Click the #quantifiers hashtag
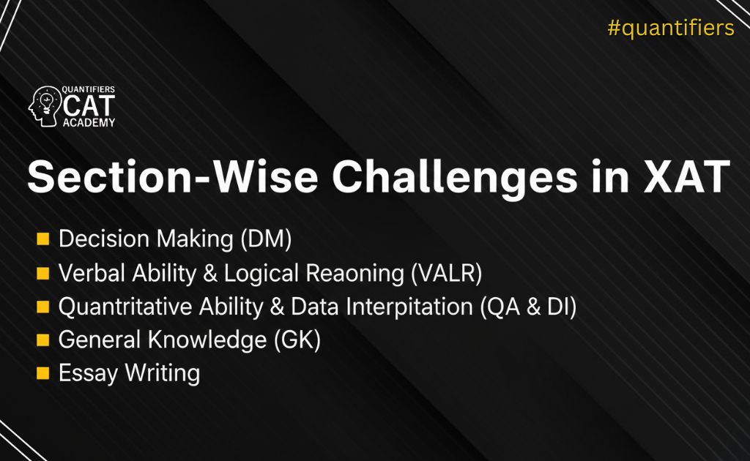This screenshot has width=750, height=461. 671,28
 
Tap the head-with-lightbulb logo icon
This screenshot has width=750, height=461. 45,107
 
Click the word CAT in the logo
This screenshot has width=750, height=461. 89,105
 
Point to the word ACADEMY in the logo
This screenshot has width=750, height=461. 89,123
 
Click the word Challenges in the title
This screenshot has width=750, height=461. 455,177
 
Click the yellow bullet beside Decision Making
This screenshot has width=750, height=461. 43,239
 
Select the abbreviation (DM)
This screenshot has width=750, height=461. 266,239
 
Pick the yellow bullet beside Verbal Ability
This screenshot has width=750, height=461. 43,273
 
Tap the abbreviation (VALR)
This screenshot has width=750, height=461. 447,273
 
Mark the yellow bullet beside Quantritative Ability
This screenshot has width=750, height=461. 43,307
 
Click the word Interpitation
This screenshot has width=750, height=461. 409,307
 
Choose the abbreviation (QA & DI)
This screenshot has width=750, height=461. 529,307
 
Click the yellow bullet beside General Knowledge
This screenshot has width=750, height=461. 43,340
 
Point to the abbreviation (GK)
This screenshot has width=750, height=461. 297,340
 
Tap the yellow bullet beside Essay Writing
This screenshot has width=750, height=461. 43,373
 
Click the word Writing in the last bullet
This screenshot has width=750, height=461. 163,373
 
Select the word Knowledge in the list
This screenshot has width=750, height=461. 207,340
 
